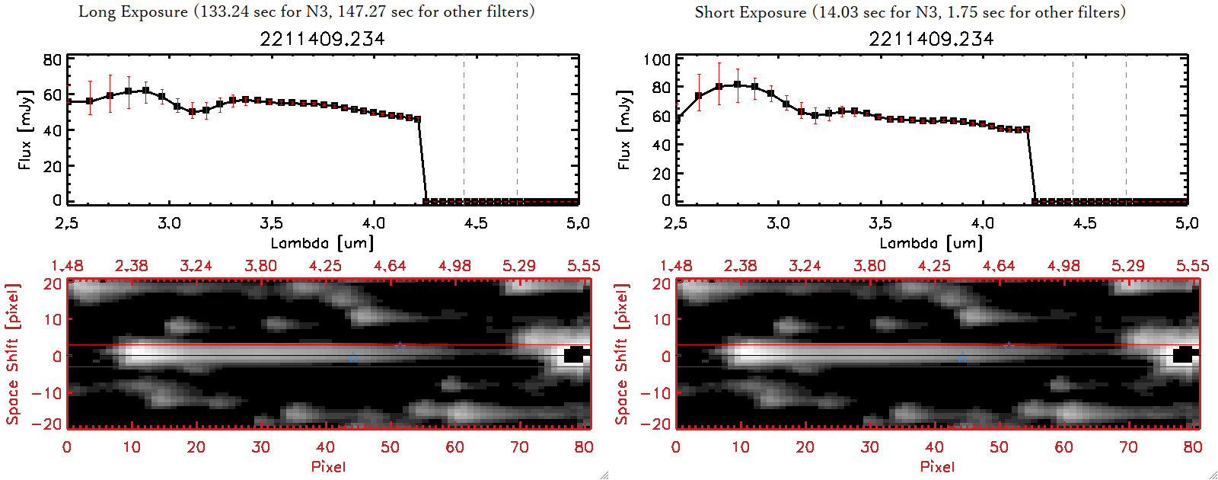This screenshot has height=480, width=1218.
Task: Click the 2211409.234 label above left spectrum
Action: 322,39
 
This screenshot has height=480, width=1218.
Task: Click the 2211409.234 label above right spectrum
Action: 931,39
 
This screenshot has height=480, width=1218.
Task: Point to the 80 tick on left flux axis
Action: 52,59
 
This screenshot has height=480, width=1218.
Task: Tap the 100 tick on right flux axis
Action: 657,59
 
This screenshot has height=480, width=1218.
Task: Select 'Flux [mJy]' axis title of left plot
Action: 25,130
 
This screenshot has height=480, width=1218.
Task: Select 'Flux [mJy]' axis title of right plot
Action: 624,130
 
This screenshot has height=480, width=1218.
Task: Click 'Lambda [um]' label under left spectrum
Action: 322,243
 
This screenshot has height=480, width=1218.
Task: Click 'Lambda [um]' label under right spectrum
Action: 931,243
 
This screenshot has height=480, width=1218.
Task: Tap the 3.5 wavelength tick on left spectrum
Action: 271,223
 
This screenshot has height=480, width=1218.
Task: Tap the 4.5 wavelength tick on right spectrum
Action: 1085,223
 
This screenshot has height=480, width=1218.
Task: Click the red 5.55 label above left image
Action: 583,266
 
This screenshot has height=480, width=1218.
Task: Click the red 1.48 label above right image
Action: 676,266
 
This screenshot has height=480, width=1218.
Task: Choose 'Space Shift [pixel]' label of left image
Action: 13,354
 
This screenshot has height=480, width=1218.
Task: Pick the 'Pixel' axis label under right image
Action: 937,466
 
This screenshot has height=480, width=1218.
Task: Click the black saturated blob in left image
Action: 575,355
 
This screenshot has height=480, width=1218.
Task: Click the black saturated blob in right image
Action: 1184,355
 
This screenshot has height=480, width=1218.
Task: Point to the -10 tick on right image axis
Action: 655,392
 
